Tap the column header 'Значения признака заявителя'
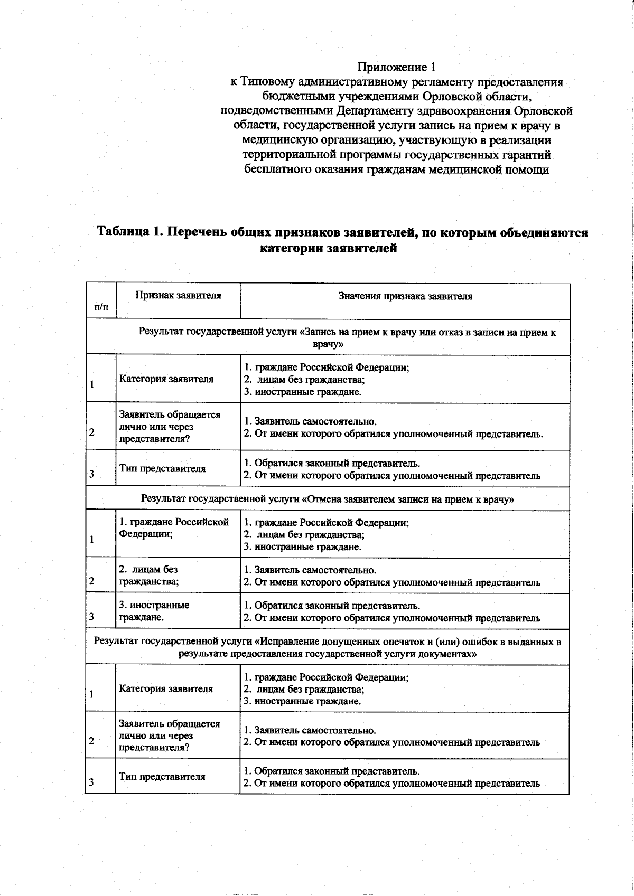pyautogui.click(x=405, y=296)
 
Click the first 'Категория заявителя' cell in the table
pyautogui.click(x=166, y=379)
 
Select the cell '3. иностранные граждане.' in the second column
pyautogui.click(x=154, y=611)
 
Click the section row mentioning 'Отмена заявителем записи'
pyautogui.click(x=328, y=499)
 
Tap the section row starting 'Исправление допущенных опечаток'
pyautogui.click(x=328, y=647)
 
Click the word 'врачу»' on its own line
pyautogui.click(x=328, y=344)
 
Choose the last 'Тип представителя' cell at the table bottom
pyautogui.click(x=162, y=777)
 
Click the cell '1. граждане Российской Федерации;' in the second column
pyautogui.click(x=174, y=527)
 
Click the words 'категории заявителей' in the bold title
pyautogui.click(x=328, y=248)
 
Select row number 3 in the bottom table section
pyautogui.click(x=91, y=782)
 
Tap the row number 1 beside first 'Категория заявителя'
pyautogui.click(x=92, y=384)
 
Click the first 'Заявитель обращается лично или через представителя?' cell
pyautogui.click(x=170, y=427)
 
